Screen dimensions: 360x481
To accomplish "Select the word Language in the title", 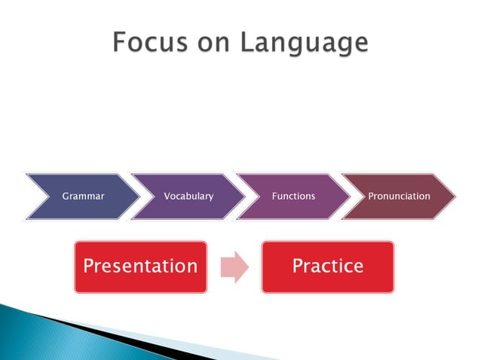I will [304, 44].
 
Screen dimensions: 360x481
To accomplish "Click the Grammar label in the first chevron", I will [83, 197].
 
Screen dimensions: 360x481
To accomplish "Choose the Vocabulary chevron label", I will [188, 197].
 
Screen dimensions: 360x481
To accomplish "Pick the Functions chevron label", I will [294, 197].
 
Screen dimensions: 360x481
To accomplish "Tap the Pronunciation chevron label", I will [399, 197].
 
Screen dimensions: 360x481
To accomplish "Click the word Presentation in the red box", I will [140, 266].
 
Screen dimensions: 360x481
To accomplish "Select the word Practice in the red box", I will [327, 266].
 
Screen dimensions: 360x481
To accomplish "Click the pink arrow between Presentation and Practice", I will [234, 267].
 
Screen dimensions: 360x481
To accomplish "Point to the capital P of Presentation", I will [89, 266].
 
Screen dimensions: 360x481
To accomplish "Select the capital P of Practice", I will [297, 266].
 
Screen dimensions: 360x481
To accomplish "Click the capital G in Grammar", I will [66, 197].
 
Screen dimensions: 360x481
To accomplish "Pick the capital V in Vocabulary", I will [167, 197].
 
